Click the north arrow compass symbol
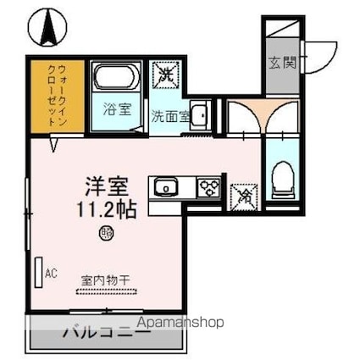47,27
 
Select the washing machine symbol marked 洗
165,75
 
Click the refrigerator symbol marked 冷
244,197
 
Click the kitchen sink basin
166,186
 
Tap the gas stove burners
209,187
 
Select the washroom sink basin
199,114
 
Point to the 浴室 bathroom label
117,109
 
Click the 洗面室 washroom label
170,116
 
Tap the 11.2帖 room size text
107,210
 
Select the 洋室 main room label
107,186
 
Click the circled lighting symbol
106,233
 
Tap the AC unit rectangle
39,273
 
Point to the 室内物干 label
106,280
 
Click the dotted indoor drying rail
107,292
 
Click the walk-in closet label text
58,95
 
